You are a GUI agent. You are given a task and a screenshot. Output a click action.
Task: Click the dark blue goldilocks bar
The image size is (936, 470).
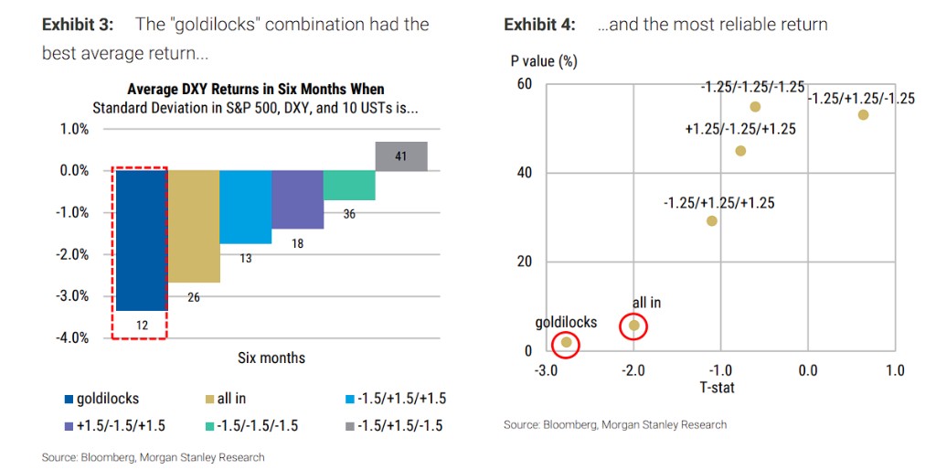(x=140, y=240)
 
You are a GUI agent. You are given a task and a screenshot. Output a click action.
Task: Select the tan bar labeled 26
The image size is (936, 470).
(x=193, y=226)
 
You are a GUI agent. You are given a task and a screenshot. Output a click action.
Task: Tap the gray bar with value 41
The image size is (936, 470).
(x=401, y=156)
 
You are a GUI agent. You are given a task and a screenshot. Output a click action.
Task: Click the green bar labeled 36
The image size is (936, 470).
(x=349, y=185)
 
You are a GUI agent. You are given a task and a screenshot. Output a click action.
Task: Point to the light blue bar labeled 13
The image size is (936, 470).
(x=245, y=207)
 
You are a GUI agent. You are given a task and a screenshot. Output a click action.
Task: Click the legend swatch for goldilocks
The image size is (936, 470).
(x=69, y=399)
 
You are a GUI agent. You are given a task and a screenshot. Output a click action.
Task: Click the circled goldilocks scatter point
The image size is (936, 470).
(x=567, y=343)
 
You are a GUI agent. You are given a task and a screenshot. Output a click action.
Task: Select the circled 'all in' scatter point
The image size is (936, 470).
(x=634, y=326)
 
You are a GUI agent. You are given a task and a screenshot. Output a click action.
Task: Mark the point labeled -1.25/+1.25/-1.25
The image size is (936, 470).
(x=863, y=115)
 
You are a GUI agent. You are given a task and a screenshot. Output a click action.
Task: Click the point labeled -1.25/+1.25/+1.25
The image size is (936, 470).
(x=712, y=220)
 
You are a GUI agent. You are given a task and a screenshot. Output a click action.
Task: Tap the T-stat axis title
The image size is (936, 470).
(x=718, y=388)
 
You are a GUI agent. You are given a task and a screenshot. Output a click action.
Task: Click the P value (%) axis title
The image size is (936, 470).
(x=543, y=62)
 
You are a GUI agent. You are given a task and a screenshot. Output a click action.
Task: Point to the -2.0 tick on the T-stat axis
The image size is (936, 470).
(x=633, y=370)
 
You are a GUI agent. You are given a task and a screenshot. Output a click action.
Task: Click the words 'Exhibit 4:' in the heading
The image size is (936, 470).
(x=539, y=25)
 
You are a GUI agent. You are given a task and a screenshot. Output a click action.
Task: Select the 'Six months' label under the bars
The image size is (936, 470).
(x=271, y=358)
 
